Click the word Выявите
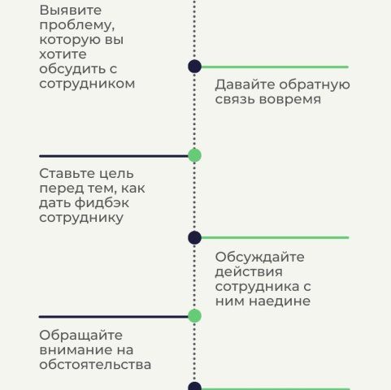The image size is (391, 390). [x=71, y=11]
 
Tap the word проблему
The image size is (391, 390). [x=77, y=26]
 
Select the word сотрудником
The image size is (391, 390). [x=87, y=84]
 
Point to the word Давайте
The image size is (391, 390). [x=245, y=84]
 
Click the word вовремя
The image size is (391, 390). [x=290, y=99]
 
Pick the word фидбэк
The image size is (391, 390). [x=102, y=202]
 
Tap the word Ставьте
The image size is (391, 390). [x=68, y=173]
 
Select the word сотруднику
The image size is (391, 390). [x=81, y=218]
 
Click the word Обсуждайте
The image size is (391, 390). [x=260, y=257]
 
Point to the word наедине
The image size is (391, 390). [x=280, y=301]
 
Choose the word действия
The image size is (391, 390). [x=249, y=272]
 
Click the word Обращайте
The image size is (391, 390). [x=80, y=336]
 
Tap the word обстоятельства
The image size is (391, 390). [x=95, y=364]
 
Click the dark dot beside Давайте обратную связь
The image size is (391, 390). [x=194, y=67]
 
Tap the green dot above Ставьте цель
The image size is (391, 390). [x=194, y=155]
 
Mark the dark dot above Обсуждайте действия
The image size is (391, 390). [x=194, y=238]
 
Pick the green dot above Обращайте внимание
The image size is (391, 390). [x=194, y=316]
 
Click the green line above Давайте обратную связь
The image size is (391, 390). [x=275, y=67]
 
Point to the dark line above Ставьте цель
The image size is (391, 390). [x=114, y=156]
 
